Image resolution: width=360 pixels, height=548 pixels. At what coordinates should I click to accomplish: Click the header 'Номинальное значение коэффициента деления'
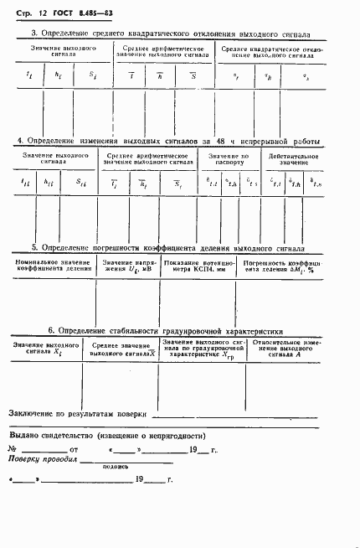tap(53, 266)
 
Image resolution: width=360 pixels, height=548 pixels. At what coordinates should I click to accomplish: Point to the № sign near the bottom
tap(12, 450)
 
